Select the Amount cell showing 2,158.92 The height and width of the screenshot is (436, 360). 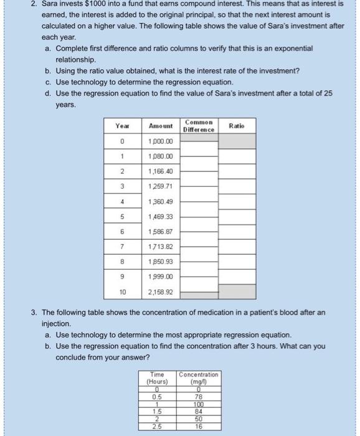pyautogui.click(x=160, y=291)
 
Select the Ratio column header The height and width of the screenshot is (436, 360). pyautogui.click(x=237, y=125)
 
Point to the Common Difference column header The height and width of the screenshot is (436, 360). pyautogui.click(x=199, y=125)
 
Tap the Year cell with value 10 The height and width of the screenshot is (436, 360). pyautogui.click(x=122, y=291)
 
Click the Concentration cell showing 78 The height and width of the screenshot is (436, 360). pyautogui.click(x=199, y=396)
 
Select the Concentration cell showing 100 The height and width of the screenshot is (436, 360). pyautogui.click(x=199, y=403)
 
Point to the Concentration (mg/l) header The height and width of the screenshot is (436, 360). pyautogui.click(x=199, y=377)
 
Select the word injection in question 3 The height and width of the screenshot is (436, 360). pyautogui.click(x=58, y=325)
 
